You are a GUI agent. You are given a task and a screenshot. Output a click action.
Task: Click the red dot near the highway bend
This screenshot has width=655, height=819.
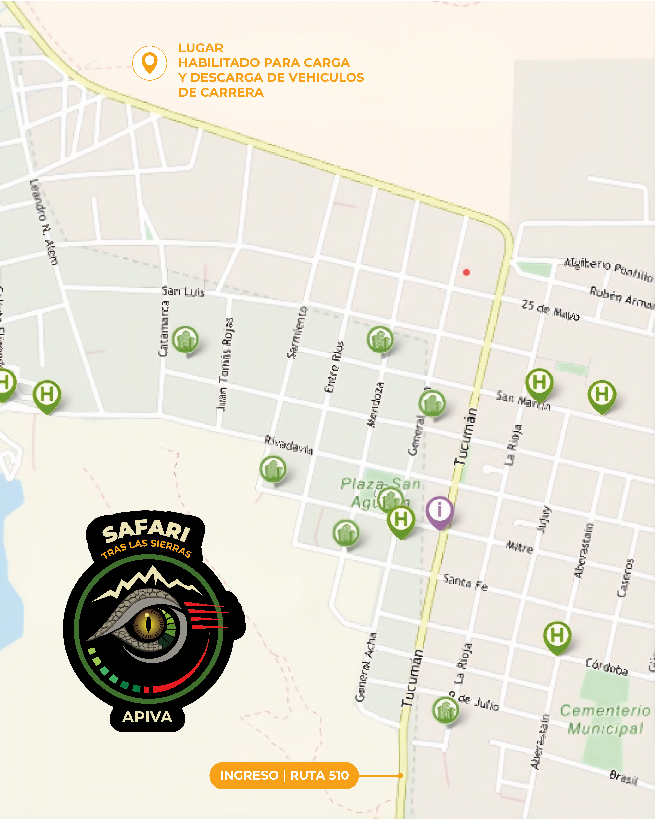(x=467, y=272)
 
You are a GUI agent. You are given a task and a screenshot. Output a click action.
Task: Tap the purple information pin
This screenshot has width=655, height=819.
(x=439, y=511)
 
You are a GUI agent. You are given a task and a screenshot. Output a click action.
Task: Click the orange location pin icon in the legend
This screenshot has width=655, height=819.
(x=150, y=63)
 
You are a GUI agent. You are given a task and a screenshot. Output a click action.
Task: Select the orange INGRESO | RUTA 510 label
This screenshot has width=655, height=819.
(x=284, y=775)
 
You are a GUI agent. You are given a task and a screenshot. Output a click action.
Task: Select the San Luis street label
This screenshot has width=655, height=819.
(x=183, y=291)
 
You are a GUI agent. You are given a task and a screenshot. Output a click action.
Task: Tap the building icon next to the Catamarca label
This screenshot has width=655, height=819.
(x=185, y=339)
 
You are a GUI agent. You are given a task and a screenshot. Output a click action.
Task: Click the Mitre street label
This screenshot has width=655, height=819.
(x=519, y=547)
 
